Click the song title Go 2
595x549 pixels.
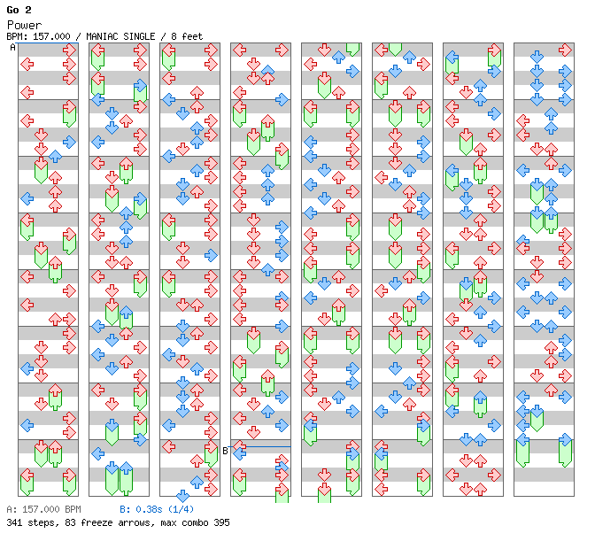coord(19,10)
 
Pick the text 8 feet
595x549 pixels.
coord(186,36)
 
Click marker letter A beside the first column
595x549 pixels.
coord(13,48)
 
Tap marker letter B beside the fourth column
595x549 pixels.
coord(225,450)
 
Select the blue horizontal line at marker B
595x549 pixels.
coord(266,446)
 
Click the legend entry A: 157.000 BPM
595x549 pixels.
coord(43,510)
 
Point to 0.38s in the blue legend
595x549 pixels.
coord(147,510)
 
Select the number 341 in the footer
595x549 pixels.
coord(14,522)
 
